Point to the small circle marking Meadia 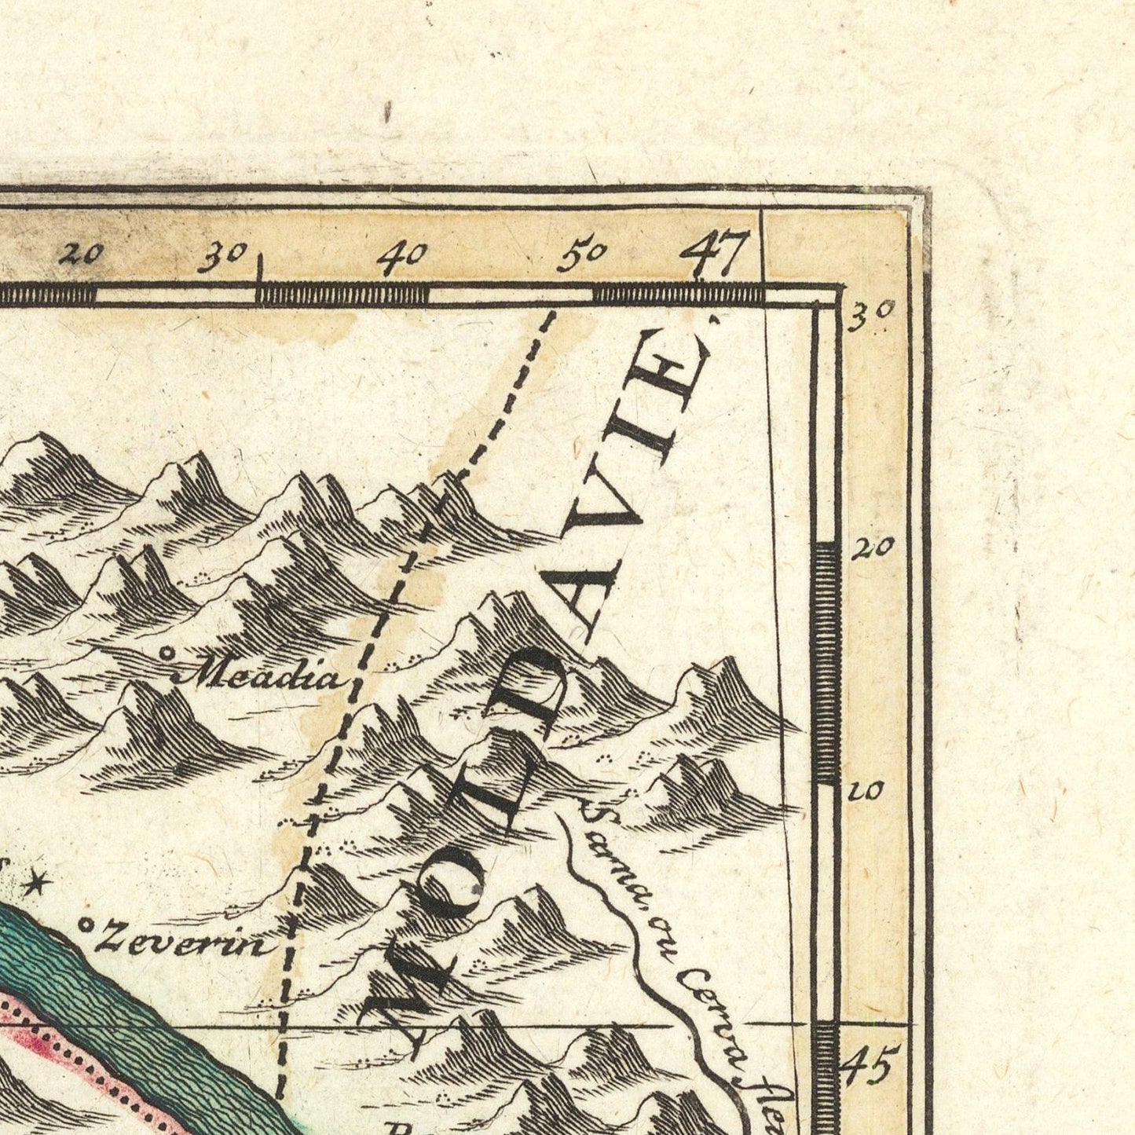coord(167,653)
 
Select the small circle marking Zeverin coord(86,926)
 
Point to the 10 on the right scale coord(866,792)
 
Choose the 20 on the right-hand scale coord(872,547)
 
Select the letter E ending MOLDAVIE coord(675,375)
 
